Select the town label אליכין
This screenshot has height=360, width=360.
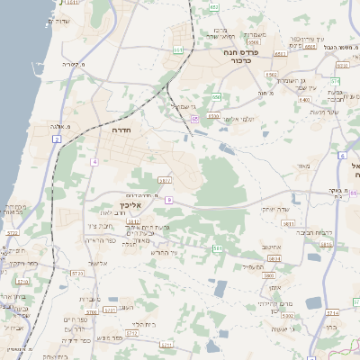131,204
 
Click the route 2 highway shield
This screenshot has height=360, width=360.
57,139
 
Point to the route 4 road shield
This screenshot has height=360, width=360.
94,162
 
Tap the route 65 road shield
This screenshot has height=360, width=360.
193,118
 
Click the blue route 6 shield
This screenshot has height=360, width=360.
343,156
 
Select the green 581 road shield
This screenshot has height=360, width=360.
217,248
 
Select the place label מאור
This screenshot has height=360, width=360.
302,166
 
